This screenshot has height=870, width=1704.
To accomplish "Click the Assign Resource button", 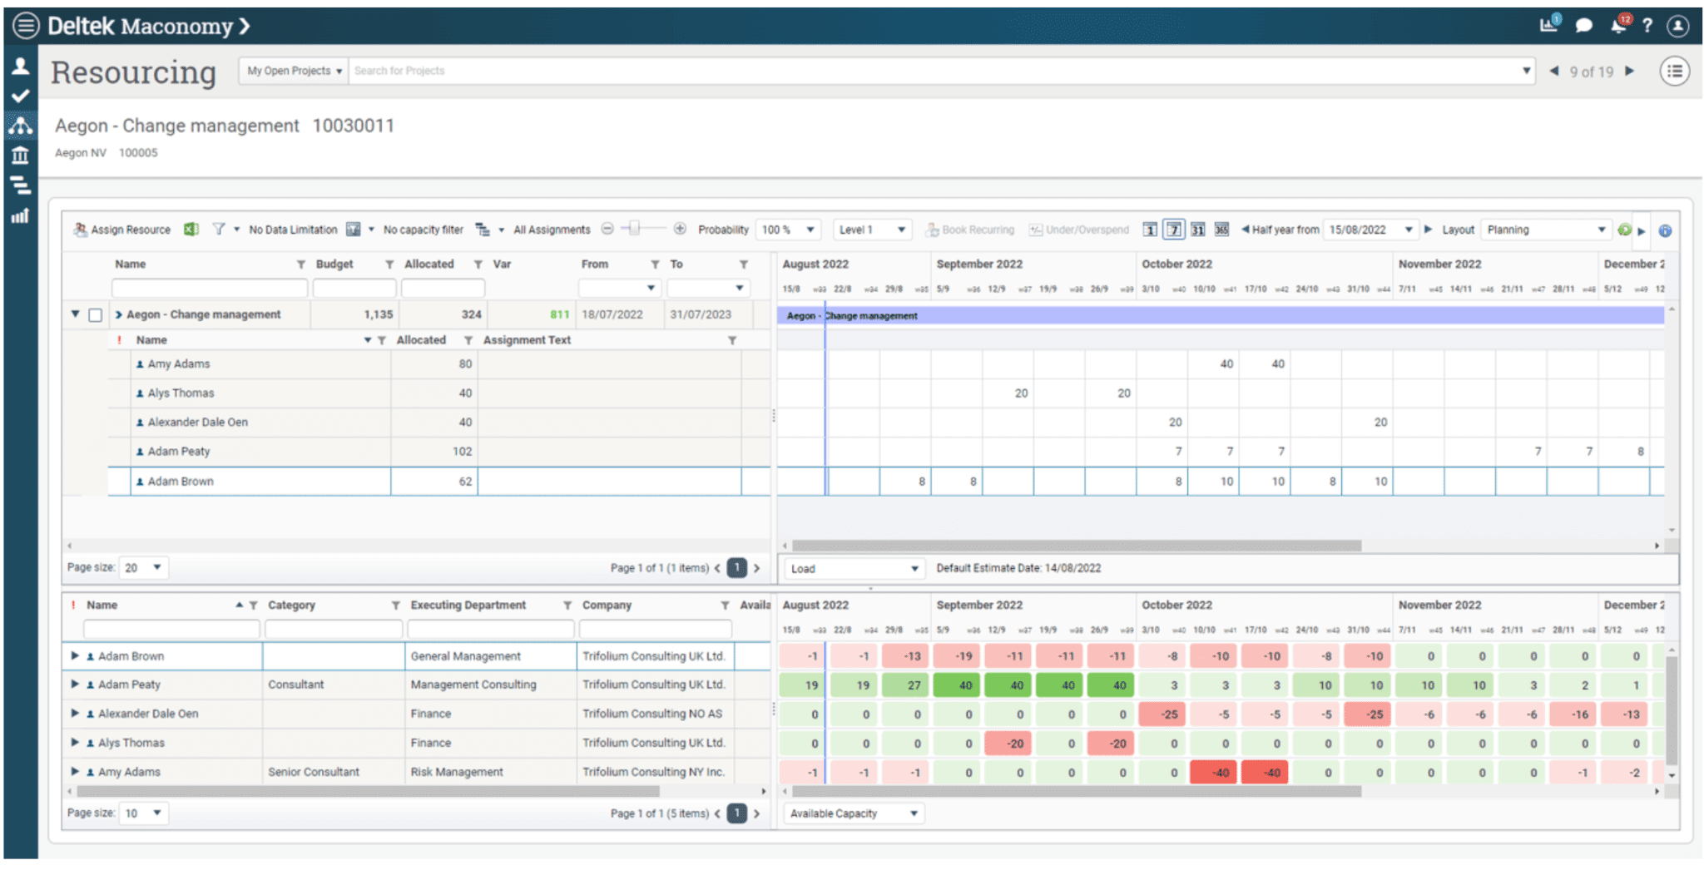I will (122, 230).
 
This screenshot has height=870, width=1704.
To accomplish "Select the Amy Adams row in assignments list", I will (179, 364).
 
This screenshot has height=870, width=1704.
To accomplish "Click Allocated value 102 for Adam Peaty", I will (462, 452).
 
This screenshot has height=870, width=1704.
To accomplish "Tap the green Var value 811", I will (559, 314).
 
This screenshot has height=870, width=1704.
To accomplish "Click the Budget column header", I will (334, 264).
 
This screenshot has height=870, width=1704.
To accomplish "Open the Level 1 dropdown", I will (872, 230).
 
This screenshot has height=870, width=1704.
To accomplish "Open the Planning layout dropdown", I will (1546, 230).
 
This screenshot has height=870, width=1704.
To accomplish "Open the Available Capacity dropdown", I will (854, 813).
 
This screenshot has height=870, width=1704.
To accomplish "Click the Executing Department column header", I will (468, 605).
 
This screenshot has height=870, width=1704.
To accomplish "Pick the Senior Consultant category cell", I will (314, 772).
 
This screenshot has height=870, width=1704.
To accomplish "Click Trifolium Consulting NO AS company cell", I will (652, 714).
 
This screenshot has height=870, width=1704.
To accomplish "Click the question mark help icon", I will (1647, 26).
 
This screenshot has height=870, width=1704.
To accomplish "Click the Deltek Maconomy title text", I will (140, 26).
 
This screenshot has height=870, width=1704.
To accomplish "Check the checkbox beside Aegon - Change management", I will (96, 315).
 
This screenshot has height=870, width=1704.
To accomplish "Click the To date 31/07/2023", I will (701, 314).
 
